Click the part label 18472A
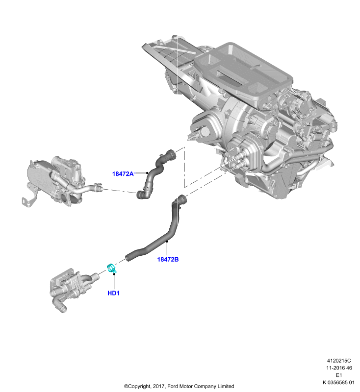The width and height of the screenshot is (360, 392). click(123, 174)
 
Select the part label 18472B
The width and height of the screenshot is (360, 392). click(168, 260)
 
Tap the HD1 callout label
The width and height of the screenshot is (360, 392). click(114, 293)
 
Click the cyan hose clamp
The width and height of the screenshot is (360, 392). click(111, 268)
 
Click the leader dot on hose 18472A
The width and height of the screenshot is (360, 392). click(147, 173)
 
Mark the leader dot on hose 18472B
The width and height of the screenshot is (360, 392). click(167, 241)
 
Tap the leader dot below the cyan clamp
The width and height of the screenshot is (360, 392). click(114, 274)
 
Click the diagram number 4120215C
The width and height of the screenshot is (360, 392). click(339, 361)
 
